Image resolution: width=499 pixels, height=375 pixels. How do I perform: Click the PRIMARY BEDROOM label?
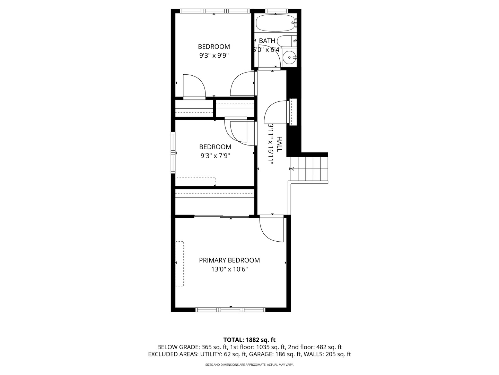[x=229, y=260]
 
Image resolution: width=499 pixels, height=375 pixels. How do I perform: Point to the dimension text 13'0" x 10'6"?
[x=229, y=269]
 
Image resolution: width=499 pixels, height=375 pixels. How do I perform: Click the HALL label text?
[x=280, y=144]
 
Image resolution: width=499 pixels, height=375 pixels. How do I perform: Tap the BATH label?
[x=267, y=41]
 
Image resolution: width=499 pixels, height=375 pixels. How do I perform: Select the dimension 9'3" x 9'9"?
[x=214, y=55]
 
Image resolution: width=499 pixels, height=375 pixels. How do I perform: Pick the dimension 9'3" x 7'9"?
[x=215, y=156]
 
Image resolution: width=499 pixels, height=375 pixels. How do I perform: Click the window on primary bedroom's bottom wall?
[x=230, y=309]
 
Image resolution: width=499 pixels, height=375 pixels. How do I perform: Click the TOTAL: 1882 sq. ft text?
[x=249, y=340]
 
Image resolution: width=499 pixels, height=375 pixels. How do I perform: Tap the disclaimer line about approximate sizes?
[x=249, y=365]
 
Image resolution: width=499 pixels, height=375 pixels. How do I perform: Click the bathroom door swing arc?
[x=270, y=57]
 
